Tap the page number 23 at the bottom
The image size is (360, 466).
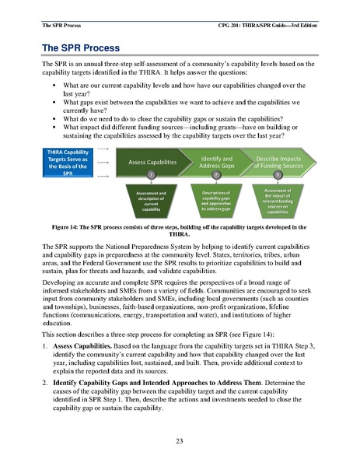click(180, 440)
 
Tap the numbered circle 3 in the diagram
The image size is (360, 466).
click(289, 175)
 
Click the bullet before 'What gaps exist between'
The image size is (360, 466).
click(56, 102)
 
